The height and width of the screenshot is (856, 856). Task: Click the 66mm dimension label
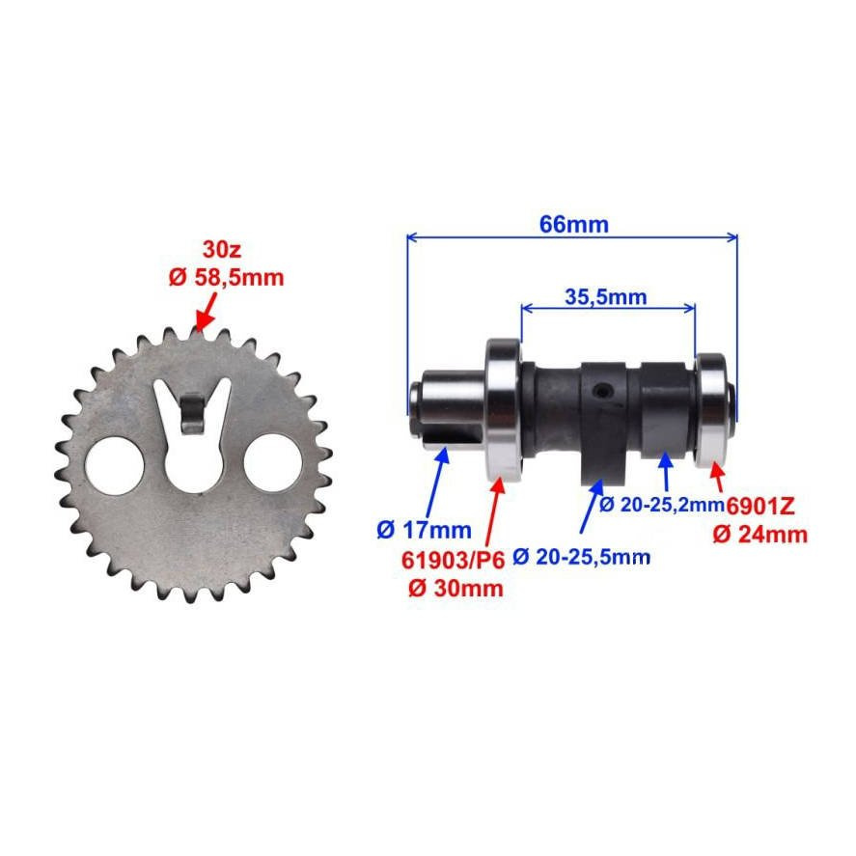coord(574,224)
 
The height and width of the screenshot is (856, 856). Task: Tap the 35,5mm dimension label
coord(605,297)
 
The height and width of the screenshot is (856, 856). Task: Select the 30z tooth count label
coord(222,250)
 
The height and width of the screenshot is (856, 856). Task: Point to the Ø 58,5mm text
coord(226,277)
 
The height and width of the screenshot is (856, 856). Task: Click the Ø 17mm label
coord(425,530)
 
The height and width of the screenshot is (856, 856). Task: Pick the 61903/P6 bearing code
coord(454,560)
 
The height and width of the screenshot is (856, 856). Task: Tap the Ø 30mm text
coord(456,589)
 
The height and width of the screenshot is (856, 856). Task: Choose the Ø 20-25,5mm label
coord(582,557)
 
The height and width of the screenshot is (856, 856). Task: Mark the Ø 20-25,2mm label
coord(662,505)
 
